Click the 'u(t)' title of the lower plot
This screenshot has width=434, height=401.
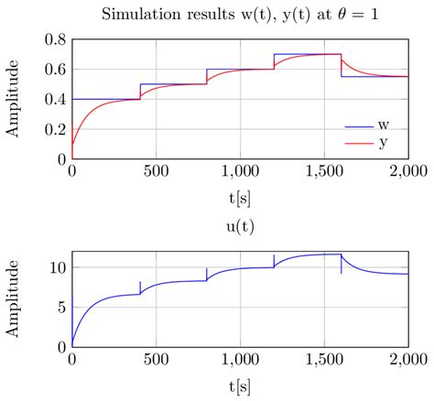[x=239, y=222]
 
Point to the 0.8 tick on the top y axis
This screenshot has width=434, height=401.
[x=54, y=40]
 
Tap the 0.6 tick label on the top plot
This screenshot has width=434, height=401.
[x=54, y=70]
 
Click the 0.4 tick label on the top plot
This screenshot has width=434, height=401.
[x=54, y=99]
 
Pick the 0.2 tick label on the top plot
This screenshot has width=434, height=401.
[x=54, y=129]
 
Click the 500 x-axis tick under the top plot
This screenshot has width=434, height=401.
[x=156, y=171]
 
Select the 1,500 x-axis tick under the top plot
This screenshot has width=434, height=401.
[x=324, y=171]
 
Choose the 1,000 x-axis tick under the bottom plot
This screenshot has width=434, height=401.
[x=239, y=361]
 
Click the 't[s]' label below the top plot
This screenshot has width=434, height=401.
[x=239, y=196]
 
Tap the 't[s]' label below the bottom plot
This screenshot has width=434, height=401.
[x=239, y=386]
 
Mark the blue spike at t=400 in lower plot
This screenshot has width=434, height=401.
[x=139, y=287]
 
